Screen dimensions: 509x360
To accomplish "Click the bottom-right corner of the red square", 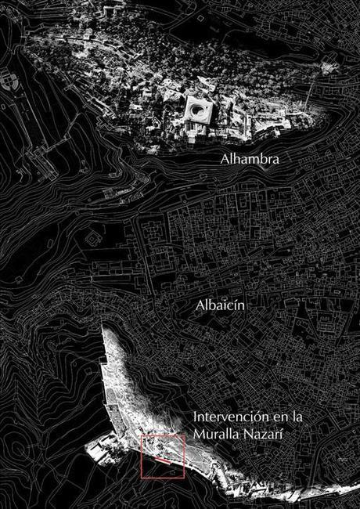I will pyautogui.click(x=184, y=478).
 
